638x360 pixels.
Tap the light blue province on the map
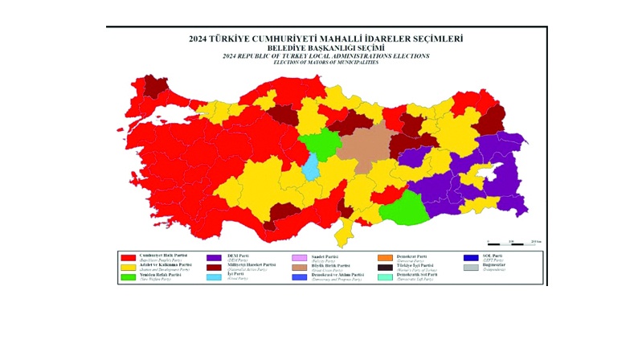click(310, 167)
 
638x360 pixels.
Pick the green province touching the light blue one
click(318, 145)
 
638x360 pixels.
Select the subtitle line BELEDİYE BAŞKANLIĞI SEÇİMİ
click(325, 48)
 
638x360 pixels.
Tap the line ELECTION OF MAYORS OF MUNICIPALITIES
click(325, 62)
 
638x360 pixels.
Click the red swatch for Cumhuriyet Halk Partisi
click(128, 257)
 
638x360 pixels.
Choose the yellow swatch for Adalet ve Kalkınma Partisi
click(128, 267)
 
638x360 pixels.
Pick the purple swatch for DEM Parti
click(214, 257)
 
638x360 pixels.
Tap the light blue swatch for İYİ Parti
click(214, 277)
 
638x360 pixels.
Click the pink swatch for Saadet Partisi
click(299, 257)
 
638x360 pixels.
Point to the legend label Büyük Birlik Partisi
click(332, 264)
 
